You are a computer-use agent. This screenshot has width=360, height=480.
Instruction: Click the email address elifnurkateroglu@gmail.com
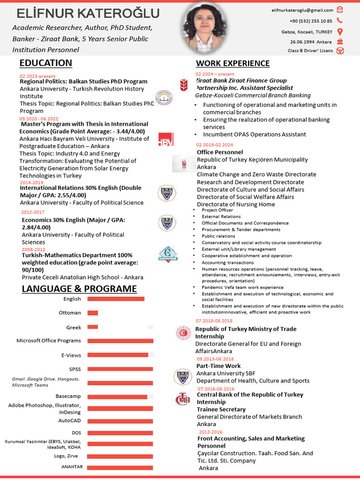tap(302, 10)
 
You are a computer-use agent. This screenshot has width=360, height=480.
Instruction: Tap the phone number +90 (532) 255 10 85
tap(311, 21)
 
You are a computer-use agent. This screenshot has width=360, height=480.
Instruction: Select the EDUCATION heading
tap(45, 63)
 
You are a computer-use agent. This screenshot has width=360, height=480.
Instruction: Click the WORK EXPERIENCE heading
tap(232, 64)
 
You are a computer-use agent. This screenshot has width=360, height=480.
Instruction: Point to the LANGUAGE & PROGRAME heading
tap(79, 289)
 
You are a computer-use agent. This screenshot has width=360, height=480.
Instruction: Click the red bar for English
tap(116, 299)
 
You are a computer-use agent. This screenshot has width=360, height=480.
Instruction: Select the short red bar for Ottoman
tap(92, 313)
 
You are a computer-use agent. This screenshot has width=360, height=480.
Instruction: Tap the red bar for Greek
tap(92, 327)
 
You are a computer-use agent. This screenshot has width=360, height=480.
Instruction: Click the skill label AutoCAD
tap(69, 420)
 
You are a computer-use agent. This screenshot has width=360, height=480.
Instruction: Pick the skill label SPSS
tap(75, 369)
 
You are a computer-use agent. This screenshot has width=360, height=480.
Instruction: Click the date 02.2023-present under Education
tap(37, 76)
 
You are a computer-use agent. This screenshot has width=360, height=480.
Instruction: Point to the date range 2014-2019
tap(31, 182)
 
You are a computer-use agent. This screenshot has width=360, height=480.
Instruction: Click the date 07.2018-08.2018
tap(214, 321)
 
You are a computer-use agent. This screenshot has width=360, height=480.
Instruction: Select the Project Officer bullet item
tap(217, 210)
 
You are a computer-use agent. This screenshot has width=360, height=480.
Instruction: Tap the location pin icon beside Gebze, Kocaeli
tap(340, 32)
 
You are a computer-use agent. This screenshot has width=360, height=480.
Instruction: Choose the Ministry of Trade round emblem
tap(182, 333)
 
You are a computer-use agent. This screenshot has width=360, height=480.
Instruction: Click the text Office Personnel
tap(220, 152)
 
